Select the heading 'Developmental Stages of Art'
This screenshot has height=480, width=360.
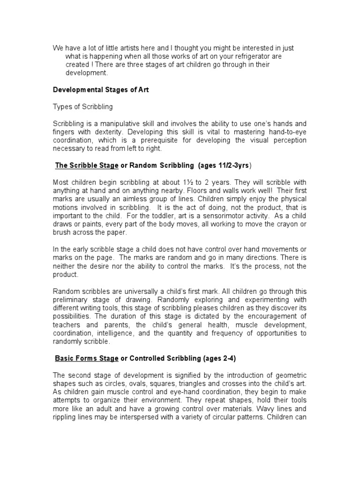[101, 90]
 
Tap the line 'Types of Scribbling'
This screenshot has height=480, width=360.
[82, 106]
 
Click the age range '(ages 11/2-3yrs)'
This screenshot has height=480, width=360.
[225, 165]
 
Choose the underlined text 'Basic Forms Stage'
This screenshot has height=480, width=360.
[87, 359]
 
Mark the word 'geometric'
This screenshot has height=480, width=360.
[290, 375]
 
